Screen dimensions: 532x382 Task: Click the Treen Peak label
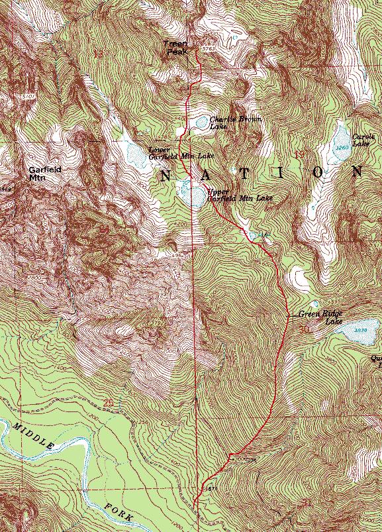(x=177, y=47)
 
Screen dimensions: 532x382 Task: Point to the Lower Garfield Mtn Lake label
(x=171, y=153)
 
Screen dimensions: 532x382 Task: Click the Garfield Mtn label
(x=45, y=173)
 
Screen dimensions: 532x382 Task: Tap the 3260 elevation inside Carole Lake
(x=342, y=147)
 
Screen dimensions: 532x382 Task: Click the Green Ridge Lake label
(x=320, y=317)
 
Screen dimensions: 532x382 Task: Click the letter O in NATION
(x=320, y=173)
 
